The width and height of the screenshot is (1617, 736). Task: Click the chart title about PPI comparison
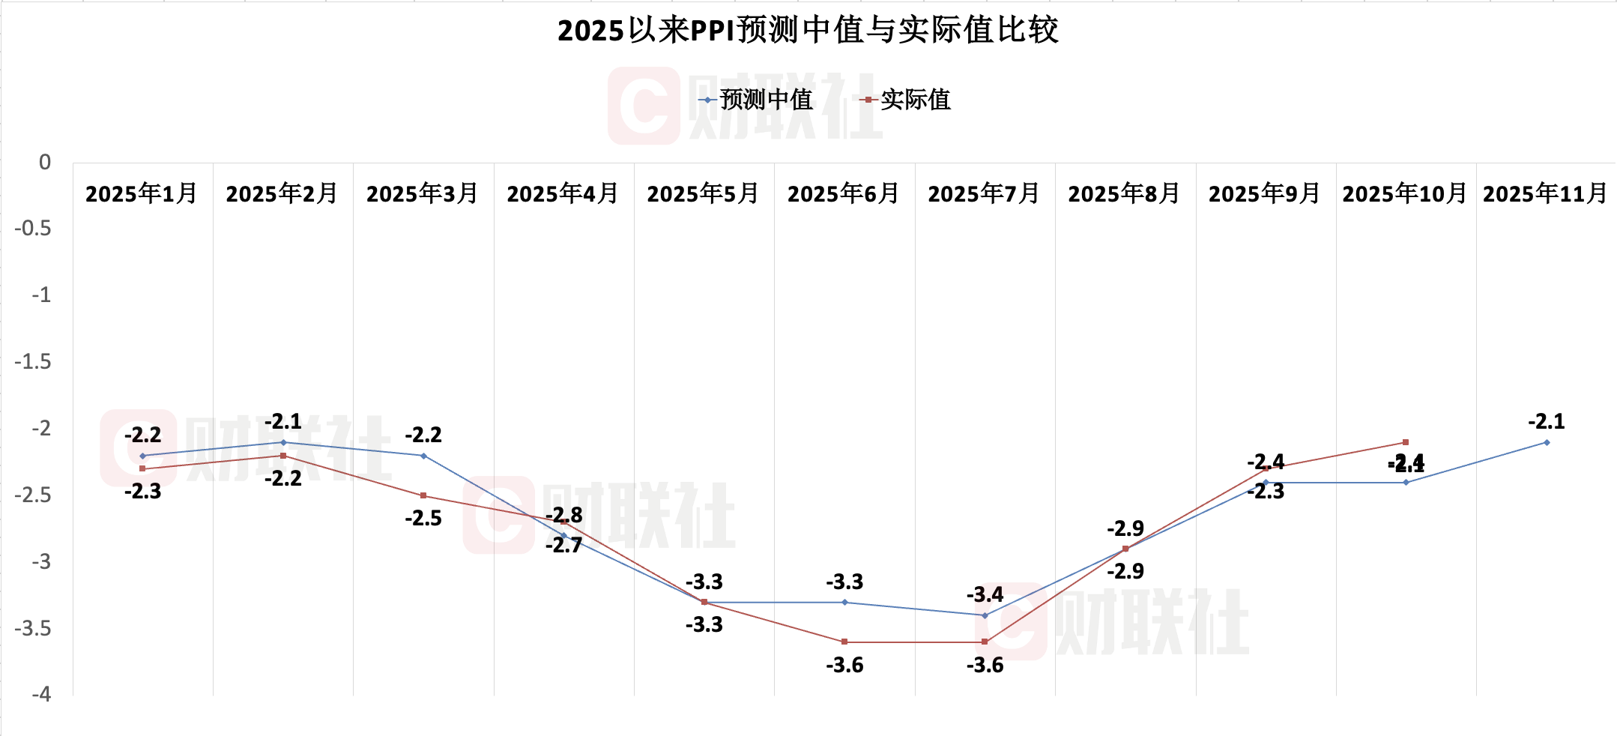point(808,31)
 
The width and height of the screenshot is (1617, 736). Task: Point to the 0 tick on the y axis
point(45,163)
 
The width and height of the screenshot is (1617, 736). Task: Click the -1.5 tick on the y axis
point(33,362)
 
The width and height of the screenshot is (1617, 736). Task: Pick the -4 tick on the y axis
point(41,695)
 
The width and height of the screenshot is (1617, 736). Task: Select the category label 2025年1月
point(142,194)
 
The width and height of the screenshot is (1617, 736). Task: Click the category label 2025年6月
point(844,194)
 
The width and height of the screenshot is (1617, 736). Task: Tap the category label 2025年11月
point(1545,194)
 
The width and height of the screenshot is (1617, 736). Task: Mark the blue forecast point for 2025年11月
point(1547,442)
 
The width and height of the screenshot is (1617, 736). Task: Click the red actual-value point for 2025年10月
point(1406,442)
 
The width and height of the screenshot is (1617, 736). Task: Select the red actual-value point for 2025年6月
point(844,642)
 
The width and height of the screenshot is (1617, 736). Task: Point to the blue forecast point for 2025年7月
point(985,615)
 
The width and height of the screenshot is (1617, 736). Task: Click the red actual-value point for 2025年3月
point(423,495)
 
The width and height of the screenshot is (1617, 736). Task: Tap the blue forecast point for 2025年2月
point(283,442)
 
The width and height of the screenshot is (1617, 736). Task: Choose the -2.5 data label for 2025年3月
point(423,519)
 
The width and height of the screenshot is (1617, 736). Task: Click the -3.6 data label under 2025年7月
point(985,666)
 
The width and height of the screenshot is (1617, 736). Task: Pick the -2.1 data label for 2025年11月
point(1547,422)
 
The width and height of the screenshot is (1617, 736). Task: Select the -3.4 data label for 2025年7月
point(985,595)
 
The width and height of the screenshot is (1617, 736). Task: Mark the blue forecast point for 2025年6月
point(844,602)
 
